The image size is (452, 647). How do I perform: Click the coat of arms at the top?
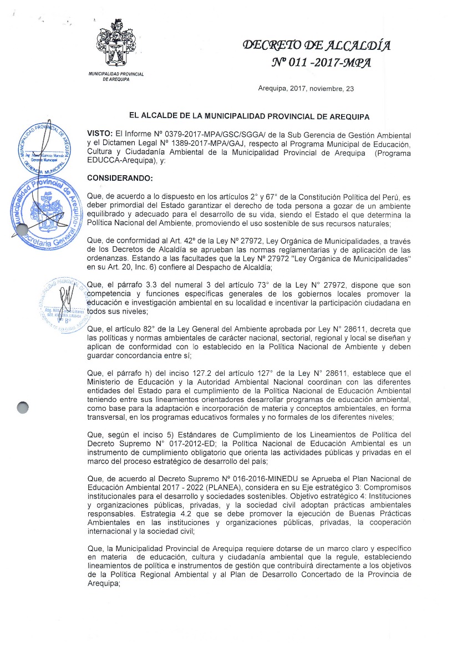[x=116, y=45]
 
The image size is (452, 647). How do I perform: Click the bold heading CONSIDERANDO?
[x=120, y=178]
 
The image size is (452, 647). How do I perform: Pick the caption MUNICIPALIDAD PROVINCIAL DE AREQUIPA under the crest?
[x=116, y=77]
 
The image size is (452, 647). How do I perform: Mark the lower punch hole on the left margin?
[x=23, y=407]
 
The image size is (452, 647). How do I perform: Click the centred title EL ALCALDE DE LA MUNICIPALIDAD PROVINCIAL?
[x=249, y=116]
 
